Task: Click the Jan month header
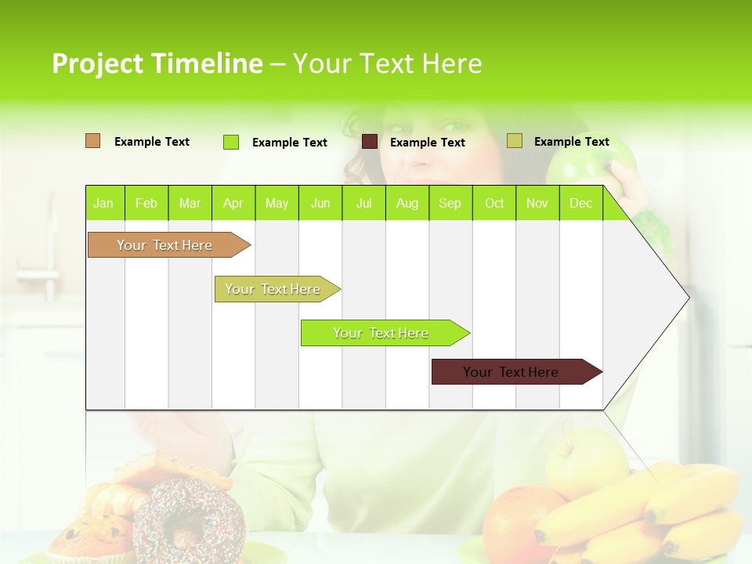tap(103, 203)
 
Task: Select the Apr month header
tap(233, 203)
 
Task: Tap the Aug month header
tap(407, 203)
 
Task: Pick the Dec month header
tap(580, 203)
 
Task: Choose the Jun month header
tap(320, 203)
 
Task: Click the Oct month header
tap(493, 203)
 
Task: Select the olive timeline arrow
tap(274, 289)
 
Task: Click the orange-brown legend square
tap(92, 141)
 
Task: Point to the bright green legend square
tap(231, 142)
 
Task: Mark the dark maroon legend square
tap(369, 142)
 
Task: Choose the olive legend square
tap(514, 141)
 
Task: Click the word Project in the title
tap(98, 63)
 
